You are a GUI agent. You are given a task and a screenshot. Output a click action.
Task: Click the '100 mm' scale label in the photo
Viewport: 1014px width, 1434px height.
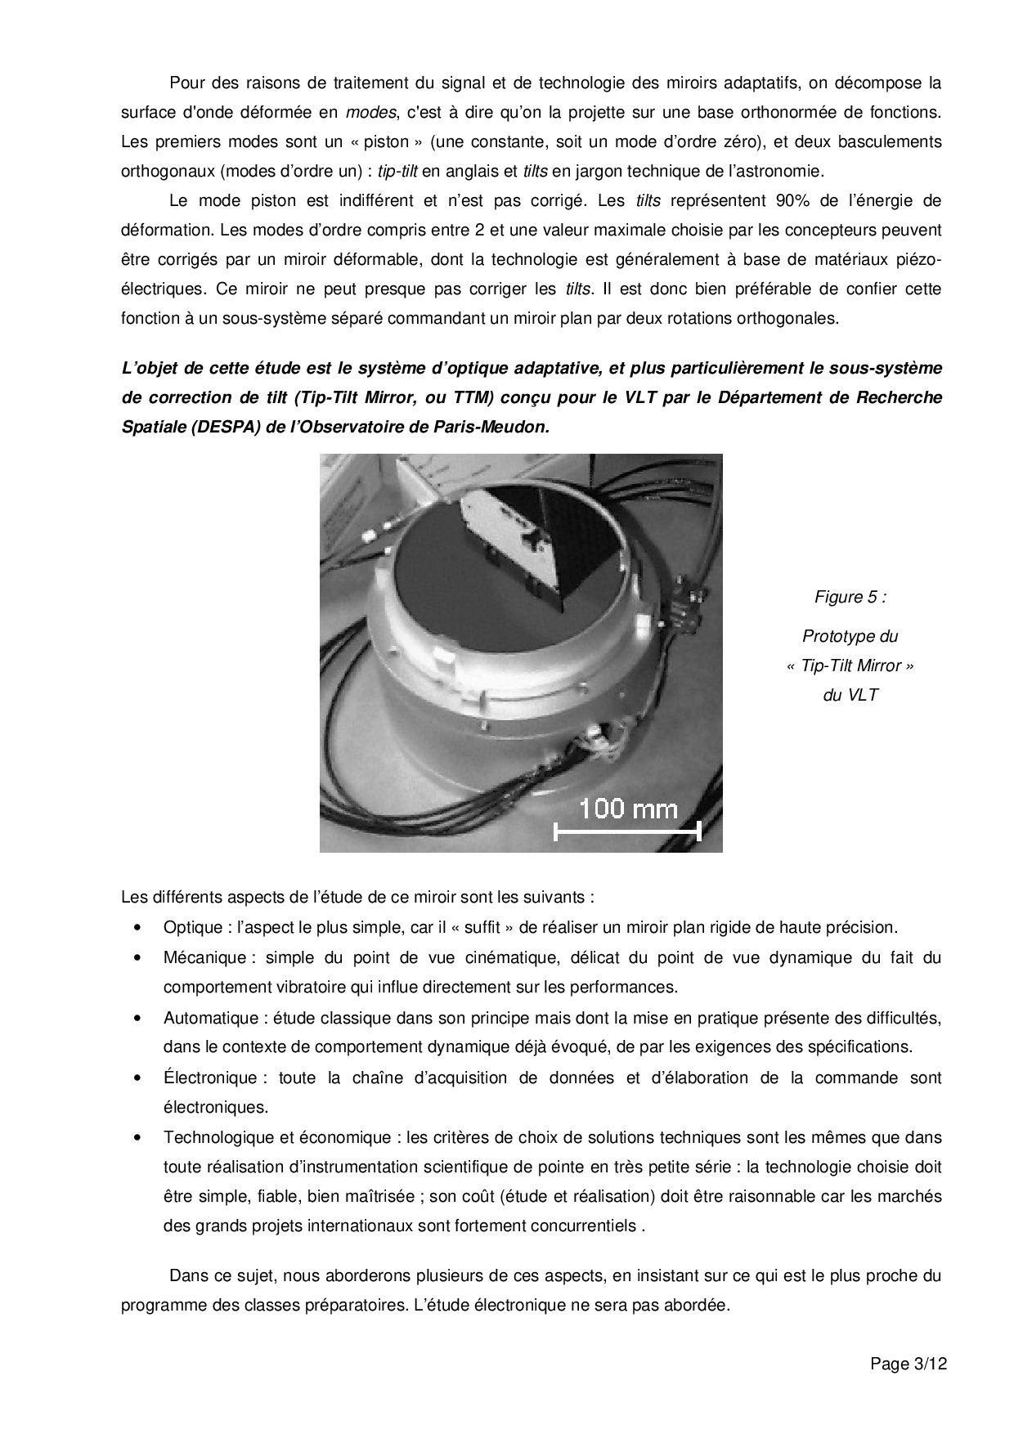pyautogui.click(x=628, y=809)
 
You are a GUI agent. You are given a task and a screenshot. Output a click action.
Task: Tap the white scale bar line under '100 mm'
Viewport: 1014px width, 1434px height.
pyautogui.click(x=627, y=832)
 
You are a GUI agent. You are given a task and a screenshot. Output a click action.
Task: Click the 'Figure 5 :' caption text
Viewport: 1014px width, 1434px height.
pyautogui.click(x=850, y=597)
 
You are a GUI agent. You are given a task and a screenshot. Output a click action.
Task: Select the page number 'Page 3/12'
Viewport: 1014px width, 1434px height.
pyautogui.click(x=909, y=1364)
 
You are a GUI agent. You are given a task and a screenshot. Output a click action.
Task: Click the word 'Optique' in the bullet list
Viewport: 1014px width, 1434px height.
pyautogui.click(x=192, y=927)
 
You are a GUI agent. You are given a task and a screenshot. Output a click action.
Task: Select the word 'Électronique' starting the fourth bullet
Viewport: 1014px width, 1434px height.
pyautogui.click(x=209, y=1078)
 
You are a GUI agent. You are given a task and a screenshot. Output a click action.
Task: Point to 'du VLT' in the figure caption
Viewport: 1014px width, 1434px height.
pyautogui.click(x=850, y=696)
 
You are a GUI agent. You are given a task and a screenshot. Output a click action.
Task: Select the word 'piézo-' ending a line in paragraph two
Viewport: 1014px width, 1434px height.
pyautogui.click(x=913, y=260)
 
